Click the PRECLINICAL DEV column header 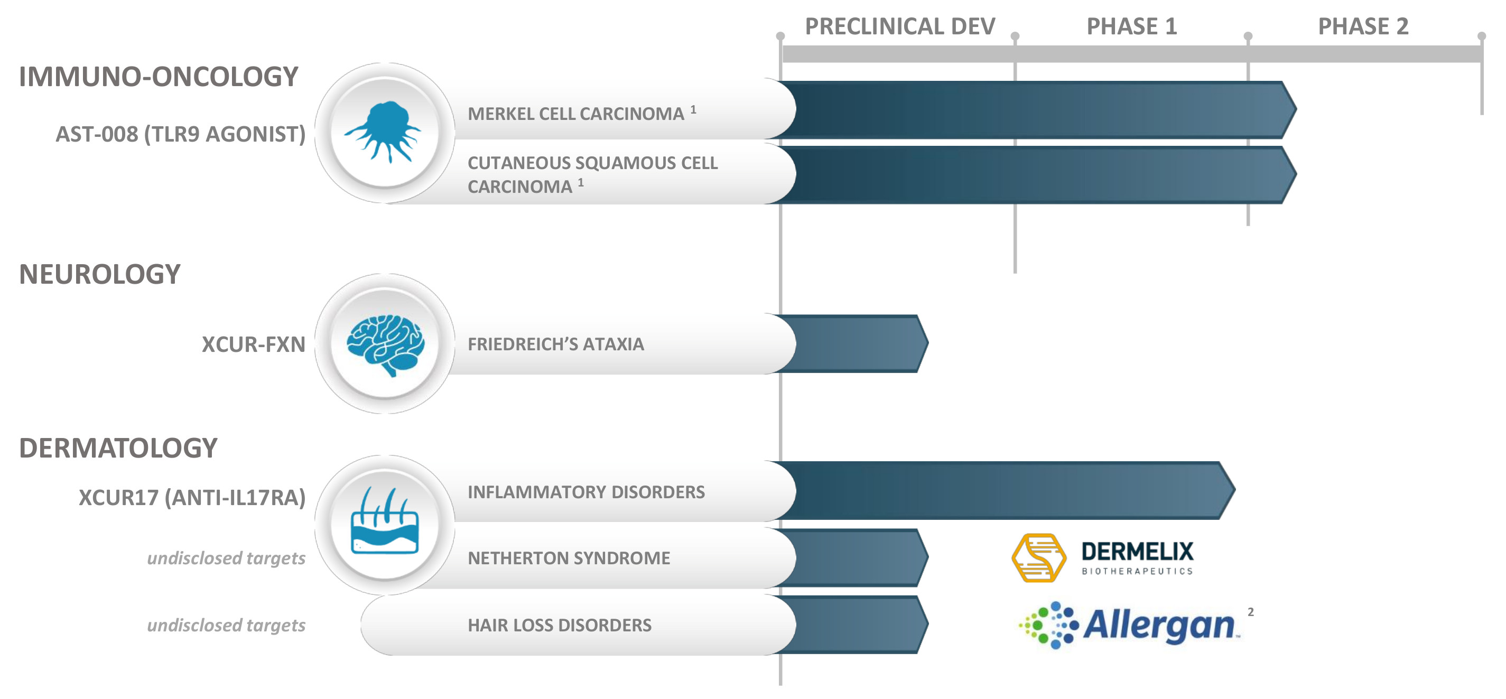click(899, 26)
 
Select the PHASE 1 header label click(1131, 26)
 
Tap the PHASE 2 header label click(1363, 26)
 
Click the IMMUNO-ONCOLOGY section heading click(159, 77)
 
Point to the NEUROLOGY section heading click(99, 274)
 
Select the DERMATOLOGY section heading click(118, 448)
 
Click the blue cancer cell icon click(384, 132)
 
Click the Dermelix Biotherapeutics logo click(1102, 557)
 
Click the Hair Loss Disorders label click(559, 626)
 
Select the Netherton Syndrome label click(568, 558)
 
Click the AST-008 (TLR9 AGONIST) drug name click(180, 134)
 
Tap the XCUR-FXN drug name click(253, 344)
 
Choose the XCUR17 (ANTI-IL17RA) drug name click(192, 497)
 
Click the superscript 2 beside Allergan click(1251, 612)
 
